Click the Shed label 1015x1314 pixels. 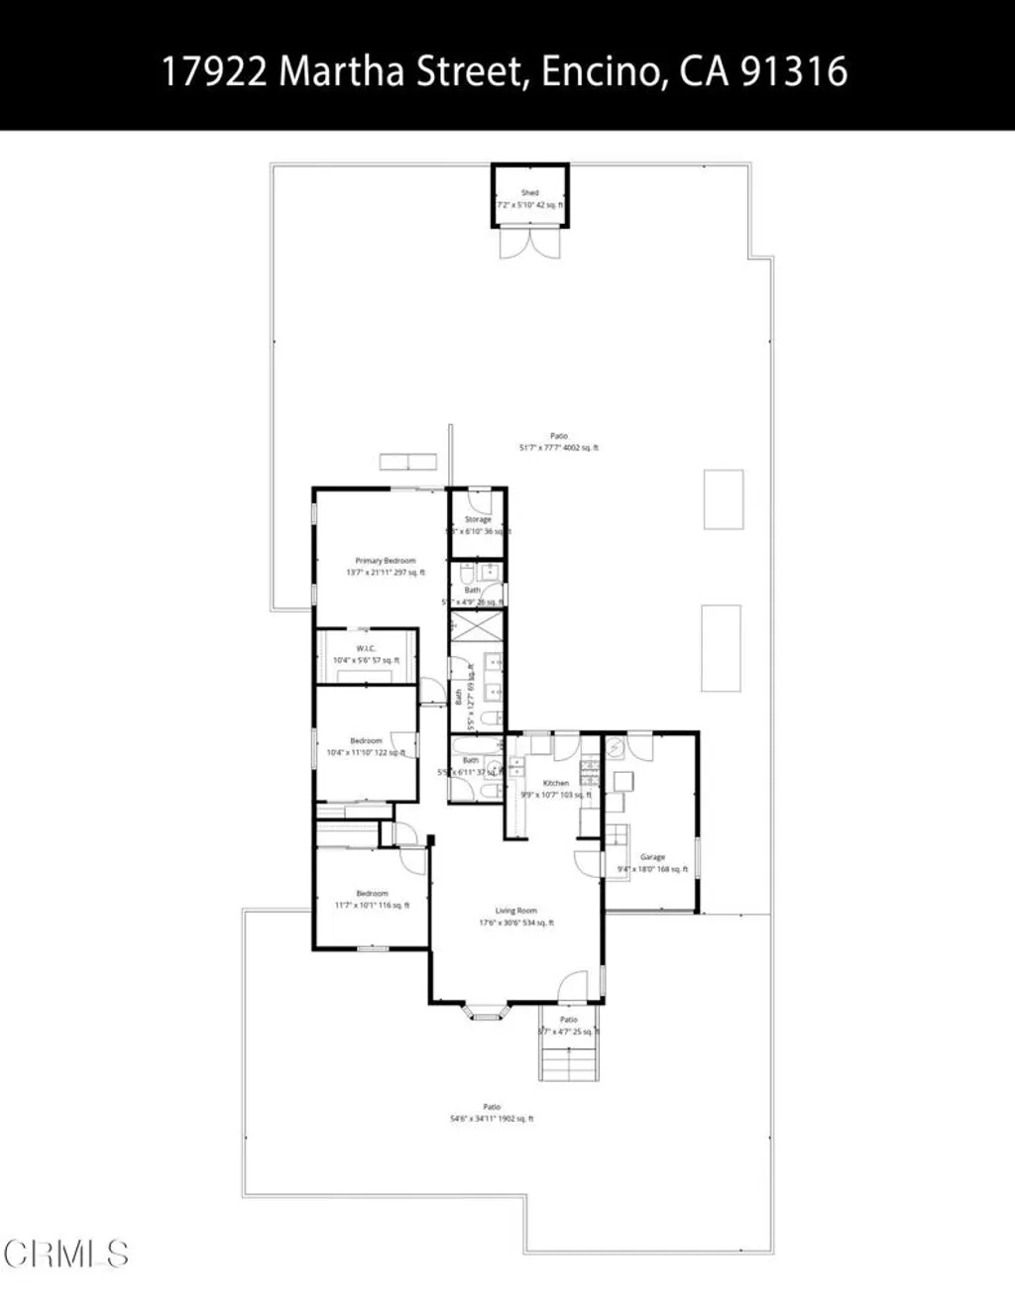[x=530, y=192]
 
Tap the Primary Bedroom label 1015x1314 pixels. [x=386, y=561]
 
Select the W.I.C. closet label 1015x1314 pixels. [x=366, y=648]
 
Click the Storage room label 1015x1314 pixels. [x=478, y=519]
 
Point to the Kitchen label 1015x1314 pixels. [x=556, y=783]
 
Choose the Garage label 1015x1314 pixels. [x=652, y=857]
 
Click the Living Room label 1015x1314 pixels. [x=516, y=911]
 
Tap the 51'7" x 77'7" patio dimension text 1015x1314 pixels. [x=559, y=448]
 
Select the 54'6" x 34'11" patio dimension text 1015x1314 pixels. [x=492, y=1119]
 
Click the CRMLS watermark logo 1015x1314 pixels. [x=65, y=1254]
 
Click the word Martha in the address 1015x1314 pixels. [x=341, y=71]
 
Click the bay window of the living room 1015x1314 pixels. [x=487, y=1012]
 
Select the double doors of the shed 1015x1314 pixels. [x=530, y=243]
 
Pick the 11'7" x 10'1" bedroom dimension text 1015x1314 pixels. [x=372, y=905]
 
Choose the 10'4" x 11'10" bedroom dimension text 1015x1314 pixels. [x=366, y=752]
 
